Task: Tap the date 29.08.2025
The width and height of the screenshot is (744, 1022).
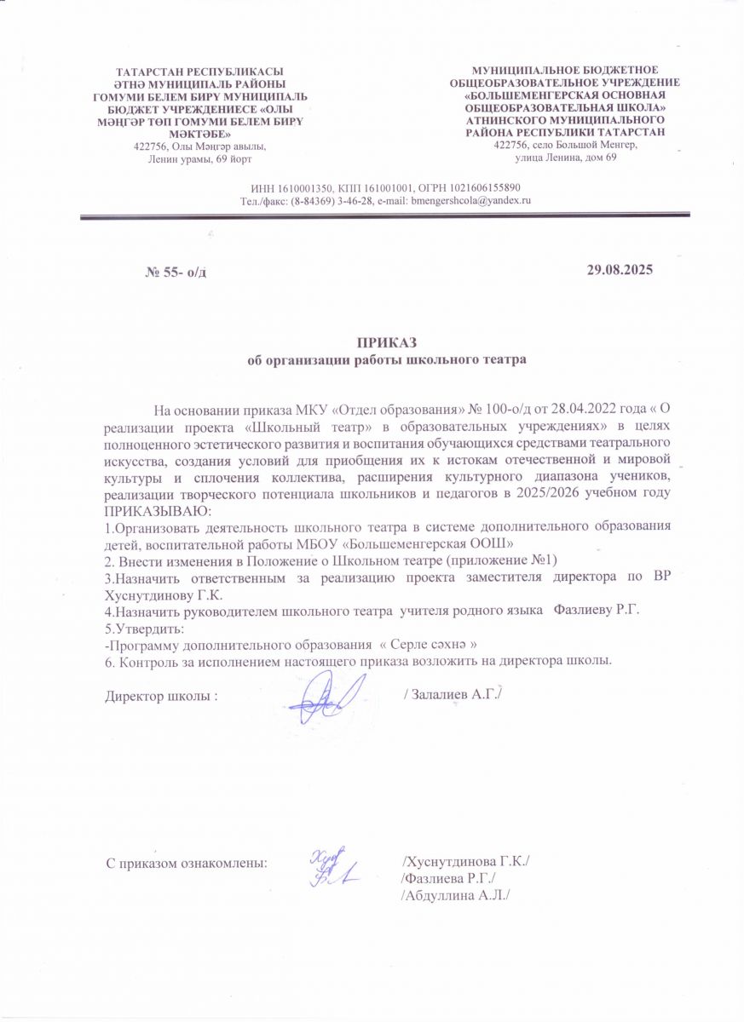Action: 620,270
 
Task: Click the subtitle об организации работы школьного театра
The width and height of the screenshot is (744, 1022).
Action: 387,359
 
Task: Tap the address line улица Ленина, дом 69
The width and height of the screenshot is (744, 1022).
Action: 566,158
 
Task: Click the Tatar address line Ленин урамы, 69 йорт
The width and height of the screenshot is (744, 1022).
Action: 200,158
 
